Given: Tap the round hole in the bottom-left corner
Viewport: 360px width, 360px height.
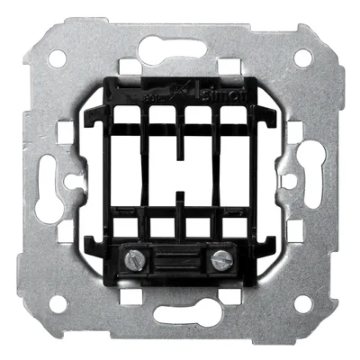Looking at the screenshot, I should pyautogui.click(x=58, y=303).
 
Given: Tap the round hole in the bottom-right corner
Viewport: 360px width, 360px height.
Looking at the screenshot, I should pyautogui.click(x=302, y=303).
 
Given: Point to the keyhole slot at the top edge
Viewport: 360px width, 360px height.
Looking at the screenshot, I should pyautogui.click(x=180, y=47).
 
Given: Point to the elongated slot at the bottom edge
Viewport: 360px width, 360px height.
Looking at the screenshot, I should pyautogui.click(x=180, y=314).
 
